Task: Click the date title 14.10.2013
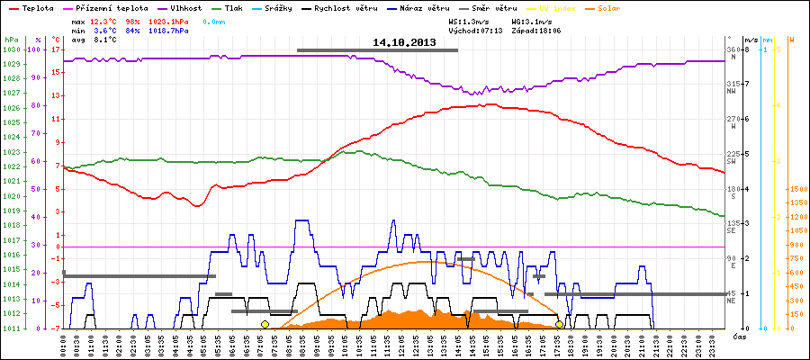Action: coord(403,42)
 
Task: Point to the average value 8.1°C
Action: coord(105,40)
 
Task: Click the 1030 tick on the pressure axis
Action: coord(11,50)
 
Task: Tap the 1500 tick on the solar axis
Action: coord(796,190)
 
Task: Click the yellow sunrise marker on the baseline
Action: coord(265,324)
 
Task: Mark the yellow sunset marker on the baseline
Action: coord(560,324)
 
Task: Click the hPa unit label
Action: coord(11,40)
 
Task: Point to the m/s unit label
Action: coord(750,40)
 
